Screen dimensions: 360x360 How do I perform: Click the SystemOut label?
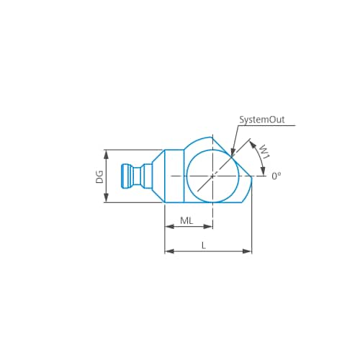pyautogui.click(x=262, y=120)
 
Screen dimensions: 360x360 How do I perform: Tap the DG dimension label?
pyautogui.click(x=99, y=177)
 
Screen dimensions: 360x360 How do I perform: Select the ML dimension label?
pyautogui.click(x=186, y=220)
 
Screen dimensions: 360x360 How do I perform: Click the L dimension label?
pyautogui.click(x=204, y=246)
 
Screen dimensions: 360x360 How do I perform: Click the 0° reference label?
pyautogui.click(x=276, y=176)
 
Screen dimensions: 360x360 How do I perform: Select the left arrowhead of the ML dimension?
pyautogui.click(x=170, y=226)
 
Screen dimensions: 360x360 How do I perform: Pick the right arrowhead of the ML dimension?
pyautogui.click(x=208, y=226)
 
